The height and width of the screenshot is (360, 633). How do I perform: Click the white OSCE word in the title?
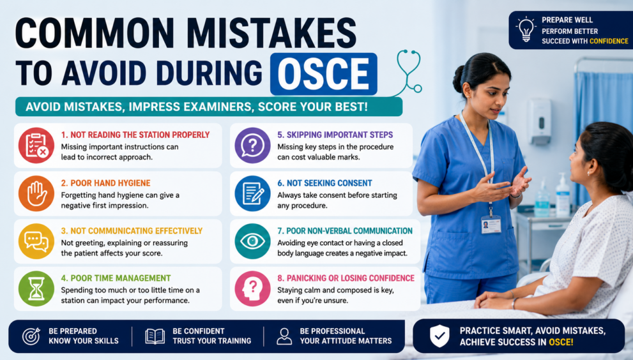point(323,74)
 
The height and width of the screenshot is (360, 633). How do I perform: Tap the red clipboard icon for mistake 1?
point(36,146)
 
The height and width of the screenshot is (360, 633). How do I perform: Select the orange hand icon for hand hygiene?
point(36,193)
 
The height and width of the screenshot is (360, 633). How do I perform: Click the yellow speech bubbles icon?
point(36,241)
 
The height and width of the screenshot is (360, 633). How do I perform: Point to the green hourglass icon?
point(36,289)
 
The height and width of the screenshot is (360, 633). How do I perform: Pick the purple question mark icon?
point(253,146)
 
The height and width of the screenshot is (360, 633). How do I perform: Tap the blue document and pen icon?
point(253,193)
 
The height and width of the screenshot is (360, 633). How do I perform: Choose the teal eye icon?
point(253,241)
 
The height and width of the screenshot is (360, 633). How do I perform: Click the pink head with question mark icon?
point(253,289)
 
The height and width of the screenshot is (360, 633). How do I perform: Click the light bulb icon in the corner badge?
point(526,29)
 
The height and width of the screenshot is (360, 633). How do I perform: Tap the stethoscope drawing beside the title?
point(408,73)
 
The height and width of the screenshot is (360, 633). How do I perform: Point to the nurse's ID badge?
point(491,225)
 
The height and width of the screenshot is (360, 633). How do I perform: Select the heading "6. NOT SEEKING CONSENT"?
point(324,183)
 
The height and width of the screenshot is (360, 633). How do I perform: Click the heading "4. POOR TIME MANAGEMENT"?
point(116,278)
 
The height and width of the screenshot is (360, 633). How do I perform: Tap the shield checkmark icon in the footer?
point(439,336)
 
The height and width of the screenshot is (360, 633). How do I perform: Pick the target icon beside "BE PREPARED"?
point(31,336)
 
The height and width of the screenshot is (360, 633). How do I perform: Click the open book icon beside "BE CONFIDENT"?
point(155,336)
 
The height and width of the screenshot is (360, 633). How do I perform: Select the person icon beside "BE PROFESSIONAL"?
point(284,336)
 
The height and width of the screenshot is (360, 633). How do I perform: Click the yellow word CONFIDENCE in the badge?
point(609,41)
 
